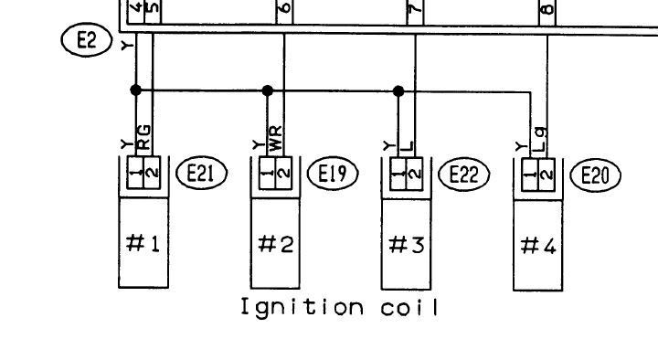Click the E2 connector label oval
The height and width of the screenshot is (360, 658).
click(87, 40)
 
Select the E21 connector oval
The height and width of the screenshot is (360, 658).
click(201, 173)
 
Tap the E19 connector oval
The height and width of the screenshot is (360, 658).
click(333, 174)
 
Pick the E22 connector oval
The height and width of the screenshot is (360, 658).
click(464, 175)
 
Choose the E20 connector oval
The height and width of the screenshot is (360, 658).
click(596, 175)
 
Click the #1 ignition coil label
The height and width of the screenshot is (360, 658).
click(143, 243)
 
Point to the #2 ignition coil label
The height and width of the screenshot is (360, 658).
click(275, 244)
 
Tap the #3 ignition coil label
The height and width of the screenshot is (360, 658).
click(407, 245)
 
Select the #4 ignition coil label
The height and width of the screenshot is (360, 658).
click(538, 246)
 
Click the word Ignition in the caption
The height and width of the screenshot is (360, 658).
click(302, 308)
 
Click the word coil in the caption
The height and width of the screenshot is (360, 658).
click(409, 308)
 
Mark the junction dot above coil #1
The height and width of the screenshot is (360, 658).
click(135, 90)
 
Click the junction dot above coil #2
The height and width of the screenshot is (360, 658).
click(267, 90)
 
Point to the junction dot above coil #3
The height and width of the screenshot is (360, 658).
click(398, 90)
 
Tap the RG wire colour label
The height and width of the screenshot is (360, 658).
click(144, 137)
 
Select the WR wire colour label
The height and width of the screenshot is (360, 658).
click(276, 139)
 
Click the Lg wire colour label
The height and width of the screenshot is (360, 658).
click(541, 140)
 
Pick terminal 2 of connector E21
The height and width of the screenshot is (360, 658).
click(153, 173)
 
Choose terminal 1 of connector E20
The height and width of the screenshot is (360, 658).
click(530, 175)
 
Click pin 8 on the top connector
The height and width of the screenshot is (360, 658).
click(547, 9)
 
